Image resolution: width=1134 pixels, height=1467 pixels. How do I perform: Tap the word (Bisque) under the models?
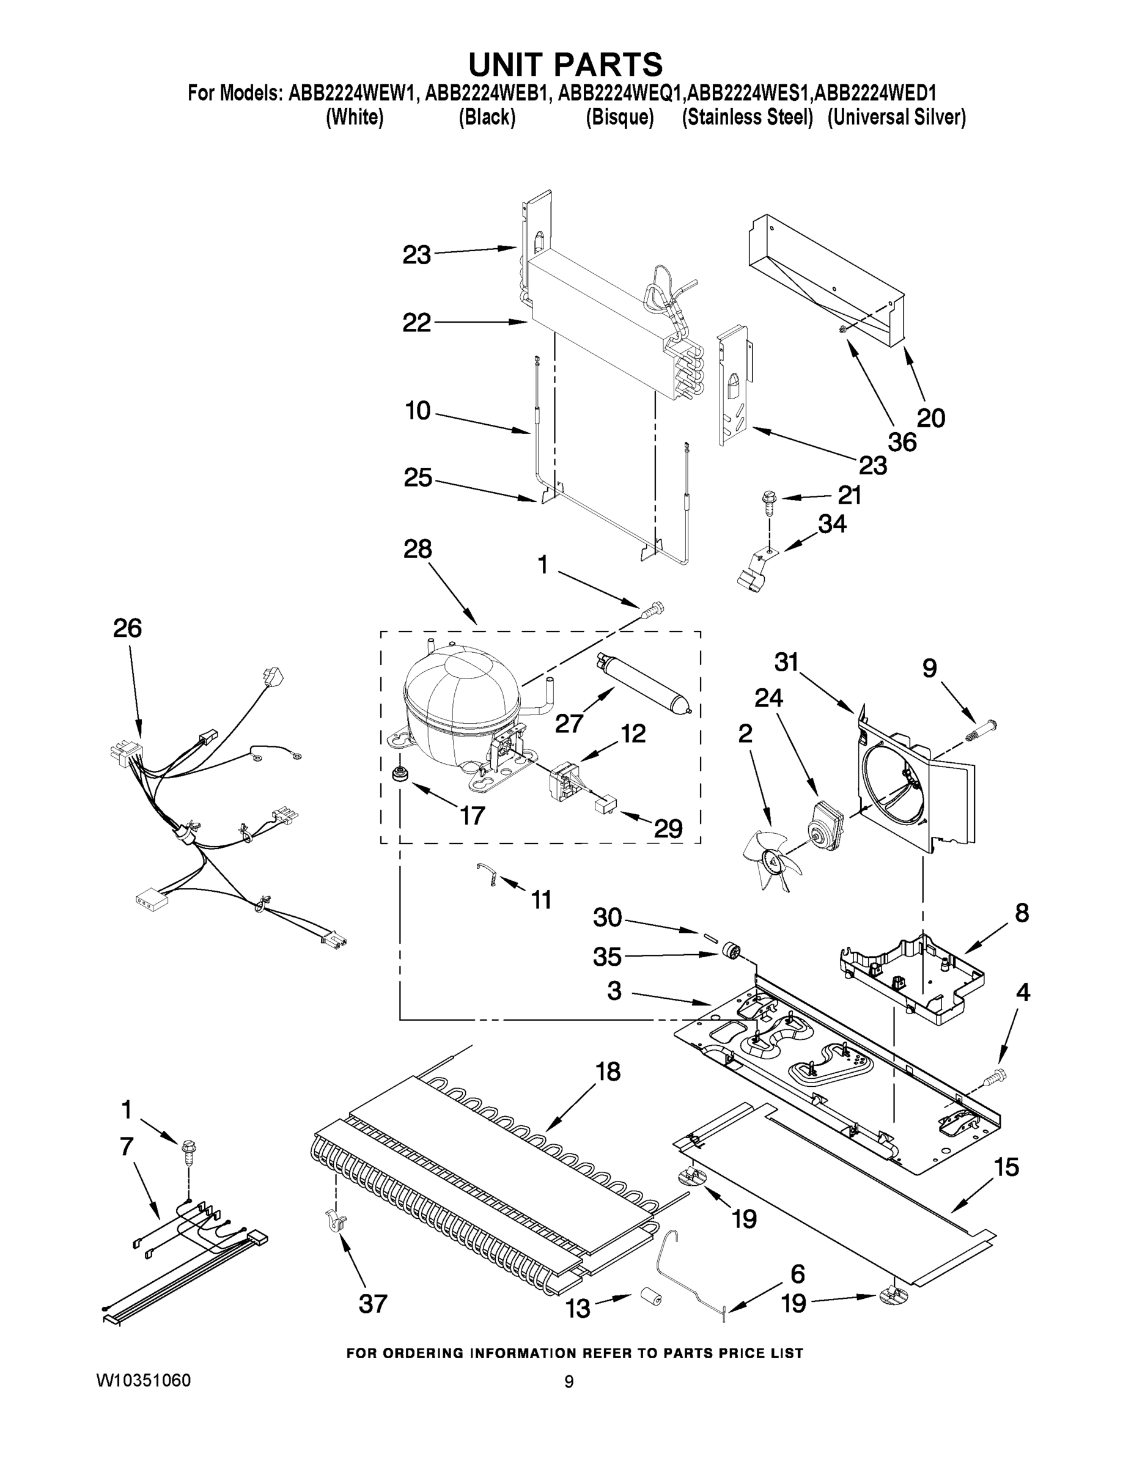coord(619,117)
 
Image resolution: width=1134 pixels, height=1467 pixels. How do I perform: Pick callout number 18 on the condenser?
coord(608,1072)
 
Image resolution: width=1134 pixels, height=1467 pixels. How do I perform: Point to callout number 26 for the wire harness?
coord(127,628)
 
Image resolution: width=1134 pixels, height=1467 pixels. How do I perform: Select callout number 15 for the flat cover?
coord(1006,1167)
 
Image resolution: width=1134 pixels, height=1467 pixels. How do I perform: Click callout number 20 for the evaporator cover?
coord(930,418)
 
